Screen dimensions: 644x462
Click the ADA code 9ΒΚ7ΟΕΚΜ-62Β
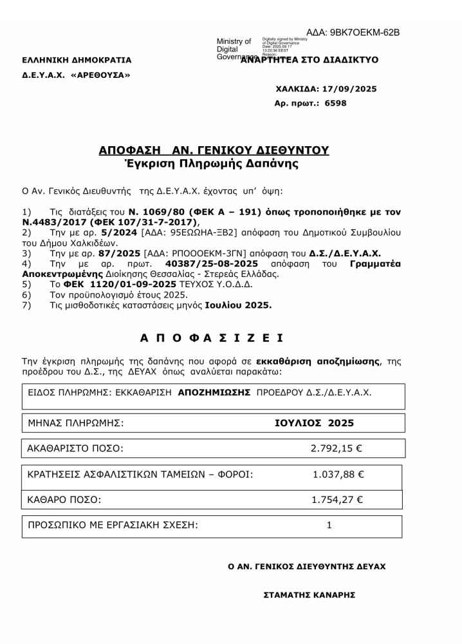(x=362, y=32)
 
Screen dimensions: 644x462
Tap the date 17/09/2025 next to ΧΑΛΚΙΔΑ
(x=351, y=89)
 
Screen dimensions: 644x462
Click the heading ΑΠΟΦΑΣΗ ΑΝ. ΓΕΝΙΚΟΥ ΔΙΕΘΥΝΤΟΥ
(x=214, y=150)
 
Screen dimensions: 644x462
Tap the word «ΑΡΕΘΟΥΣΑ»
(x=100, y=75)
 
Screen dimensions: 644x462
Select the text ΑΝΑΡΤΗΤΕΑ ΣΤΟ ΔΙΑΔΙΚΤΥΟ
(x=310, y=61)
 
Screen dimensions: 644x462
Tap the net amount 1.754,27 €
(x=337, y=500)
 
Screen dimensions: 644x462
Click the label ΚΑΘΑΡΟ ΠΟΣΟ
(x=64, y=500)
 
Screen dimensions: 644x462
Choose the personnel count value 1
(x=329, y=526)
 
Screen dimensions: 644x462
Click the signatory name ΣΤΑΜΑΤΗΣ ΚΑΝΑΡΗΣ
(x=310, y=595)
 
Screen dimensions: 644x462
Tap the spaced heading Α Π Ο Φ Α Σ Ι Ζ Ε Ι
(x=212, y=337)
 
